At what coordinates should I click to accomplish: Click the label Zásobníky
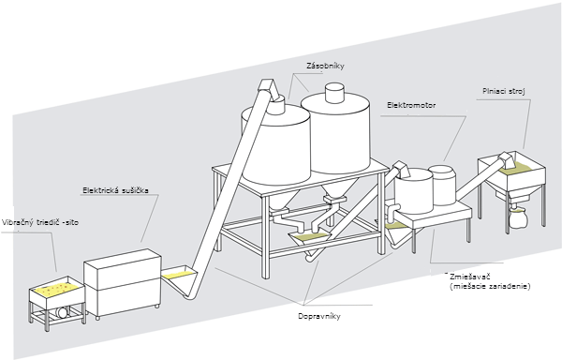pyautogui.click(x=325, y=66)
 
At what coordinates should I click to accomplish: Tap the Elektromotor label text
pyautogui.click(x=411, y=105)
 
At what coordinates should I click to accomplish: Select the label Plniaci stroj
pyautogui.click(x=504, y=91)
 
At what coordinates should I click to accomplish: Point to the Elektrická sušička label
pyautogui.click(x=115, y=190)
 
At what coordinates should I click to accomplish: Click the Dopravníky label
pyautogui.click(x=319, y=316)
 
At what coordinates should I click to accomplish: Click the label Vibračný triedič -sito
pyautogui.click(x=40, y=222)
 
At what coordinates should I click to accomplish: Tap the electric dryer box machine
pyautogui.click(x=123, y=283)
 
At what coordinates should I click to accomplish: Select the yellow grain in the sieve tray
pyautogui.click(x=57, y=288)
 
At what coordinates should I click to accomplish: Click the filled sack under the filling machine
pyautogui.click(x=516, y=217)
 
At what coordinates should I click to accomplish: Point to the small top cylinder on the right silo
pyautogui.click(x=334, y=93)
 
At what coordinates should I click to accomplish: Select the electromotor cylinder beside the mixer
pyautogui.click(x=444, y=185)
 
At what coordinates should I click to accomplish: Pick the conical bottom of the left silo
pyautogui.click(x=283, y=198)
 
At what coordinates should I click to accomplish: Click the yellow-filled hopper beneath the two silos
pyautogui.click(x=308, y=239)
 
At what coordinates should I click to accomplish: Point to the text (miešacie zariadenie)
pyautogui.click(x=490, y=287)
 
